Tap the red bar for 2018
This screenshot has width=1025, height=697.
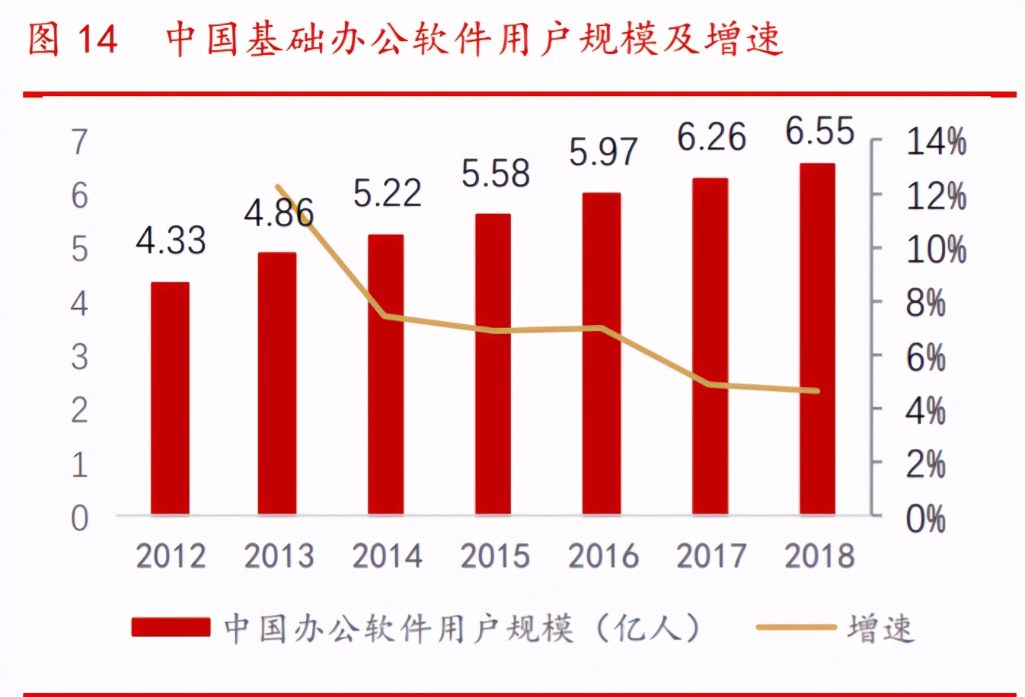(817, 339)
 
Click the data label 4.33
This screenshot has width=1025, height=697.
(171, 241)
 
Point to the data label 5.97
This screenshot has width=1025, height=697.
(602, 152)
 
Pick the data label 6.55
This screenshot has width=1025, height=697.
(819, 132)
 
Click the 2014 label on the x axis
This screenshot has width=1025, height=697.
(387, 556)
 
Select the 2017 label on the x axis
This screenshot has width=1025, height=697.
(711, 556)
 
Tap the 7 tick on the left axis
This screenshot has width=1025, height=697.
(79, 142)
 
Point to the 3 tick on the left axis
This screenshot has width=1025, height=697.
(79, 357)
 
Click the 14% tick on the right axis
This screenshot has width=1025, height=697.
(936, 142)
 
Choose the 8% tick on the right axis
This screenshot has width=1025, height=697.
(925, 304)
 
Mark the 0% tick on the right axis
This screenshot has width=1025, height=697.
(925, 519)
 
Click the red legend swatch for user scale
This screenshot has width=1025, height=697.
(171, 627)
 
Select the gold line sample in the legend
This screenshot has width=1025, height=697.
(796, 627)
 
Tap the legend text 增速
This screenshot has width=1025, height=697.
(880, 629)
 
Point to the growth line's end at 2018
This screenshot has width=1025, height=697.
(817, 391)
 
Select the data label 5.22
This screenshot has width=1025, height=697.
(387, 193)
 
